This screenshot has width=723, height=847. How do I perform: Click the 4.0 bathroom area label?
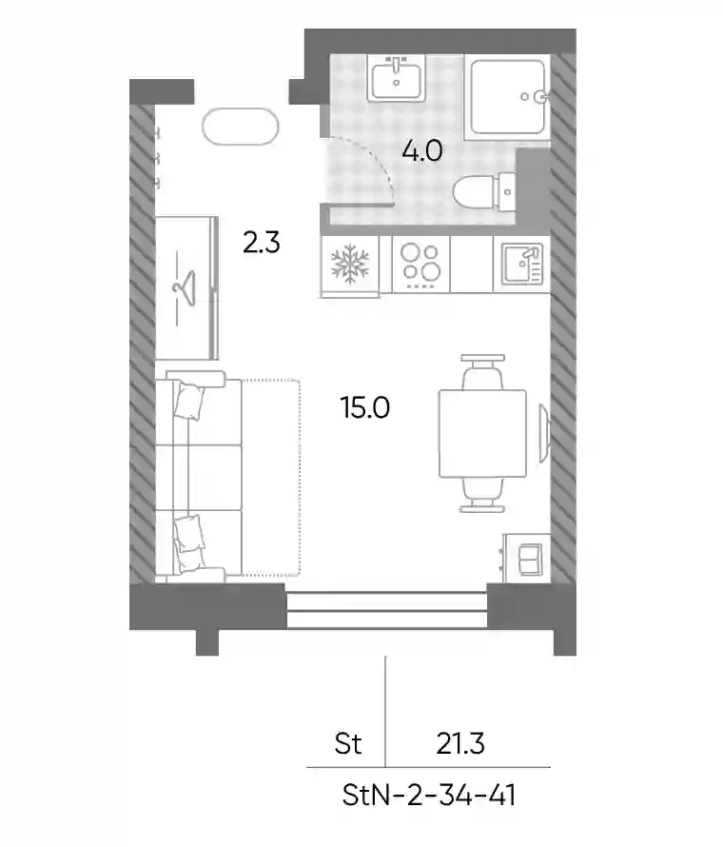[x=422, y=150]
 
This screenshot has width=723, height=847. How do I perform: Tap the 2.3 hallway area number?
[x=262, y=243]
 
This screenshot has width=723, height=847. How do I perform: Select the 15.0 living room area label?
[x=365, y=407]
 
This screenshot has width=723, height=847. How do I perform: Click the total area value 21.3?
[x=460, y=743]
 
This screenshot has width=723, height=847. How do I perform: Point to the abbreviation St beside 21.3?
[x=348, y=743]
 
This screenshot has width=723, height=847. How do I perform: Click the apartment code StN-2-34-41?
[x=429, y=796]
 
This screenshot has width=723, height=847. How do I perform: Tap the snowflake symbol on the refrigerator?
[x=350, y=265]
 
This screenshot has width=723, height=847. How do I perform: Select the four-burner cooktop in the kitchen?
[x=420, y=265]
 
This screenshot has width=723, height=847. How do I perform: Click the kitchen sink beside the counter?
[x=522, y=265]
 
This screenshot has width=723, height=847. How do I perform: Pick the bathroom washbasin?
[x=397, y=78]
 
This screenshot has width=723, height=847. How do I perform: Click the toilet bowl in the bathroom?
[x=484, y=192]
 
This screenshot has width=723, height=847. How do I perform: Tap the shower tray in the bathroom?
[x=508, y=97]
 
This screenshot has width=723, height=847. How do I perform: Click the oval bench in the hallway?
[x=241, y=127]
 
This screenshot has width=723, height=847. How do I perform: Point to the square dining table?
[x=482, y=434]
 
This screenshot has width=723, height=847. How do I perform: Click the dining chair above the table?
[x=482, y=372]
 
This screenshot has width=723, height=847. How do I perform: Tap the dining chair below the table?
[x=482, y=495]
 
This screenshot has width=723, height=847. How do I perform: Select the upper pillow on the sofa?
[x=189, y=401]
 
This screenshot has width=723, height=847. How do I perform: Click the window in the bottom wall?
[x=386, y=610]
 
